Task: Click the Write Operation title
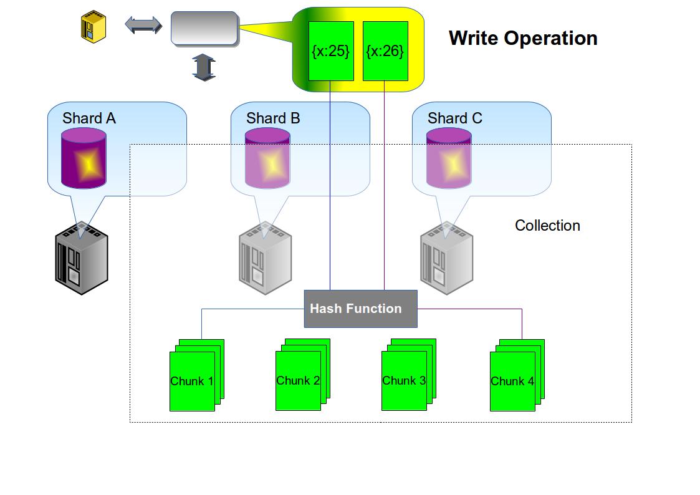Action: [522, 38]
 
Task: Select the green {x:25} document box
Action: [331, 51]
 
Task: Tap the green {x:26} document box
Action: [385, 51]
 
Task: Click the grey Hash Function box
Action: [360, 309]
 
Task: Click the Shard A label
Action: [89, 118]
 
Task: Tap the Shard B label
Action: [273, 118]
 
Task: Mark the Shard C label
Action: [455, 118]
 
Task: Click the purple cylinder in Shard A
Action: [84, 158]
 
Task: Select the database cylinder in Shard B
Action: [267, 158]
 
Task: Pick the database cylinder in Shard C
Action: [449, 158]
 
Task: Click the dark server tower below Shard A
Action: [81, 258]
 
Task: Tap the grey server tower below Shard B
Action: [265, 258]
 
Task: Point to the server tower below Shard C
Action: [446, 258]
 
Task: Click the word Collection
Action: [547, 226]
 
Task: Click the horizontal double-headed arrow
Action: [143, 26]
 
